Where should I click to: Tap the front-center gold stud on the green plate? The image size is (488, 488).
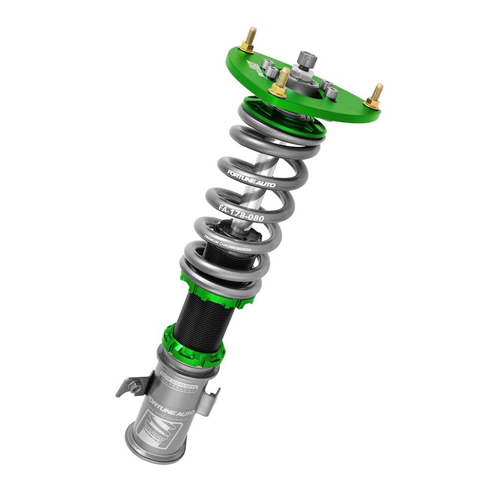(281, 83)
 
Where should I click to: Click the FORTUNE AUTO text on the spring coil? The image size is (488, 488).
(251, 178)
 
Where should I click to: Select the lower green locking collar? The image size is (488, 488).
(192, 346)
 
